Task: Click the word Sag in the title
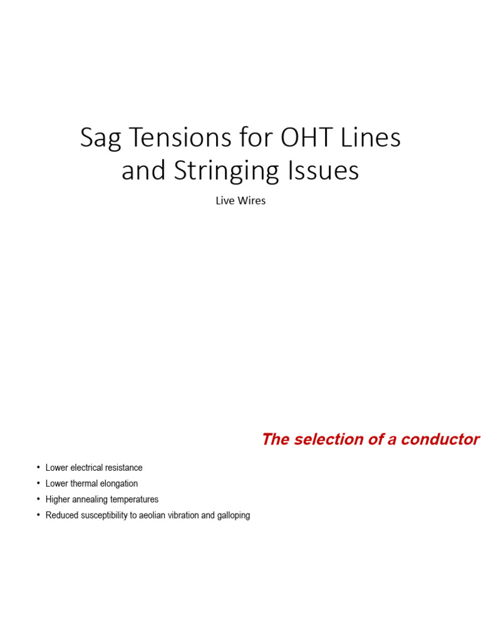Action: coord(101,139)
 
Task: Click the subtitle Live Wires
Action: coord(240,201)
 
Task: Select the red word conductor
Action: coord(440,439)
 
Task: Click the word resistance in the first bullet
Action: coord(124,468)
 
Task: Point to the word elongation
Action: coord(118,483)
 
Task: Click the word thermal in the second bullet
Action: coord(84,483)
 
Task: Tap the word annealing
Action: coord(90,500)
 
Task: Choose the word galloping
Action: coord(234,515)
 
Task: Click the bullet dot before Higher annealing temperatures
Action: coord(38,499)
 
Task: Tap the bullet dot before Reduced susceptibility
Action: coord(38,515)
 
